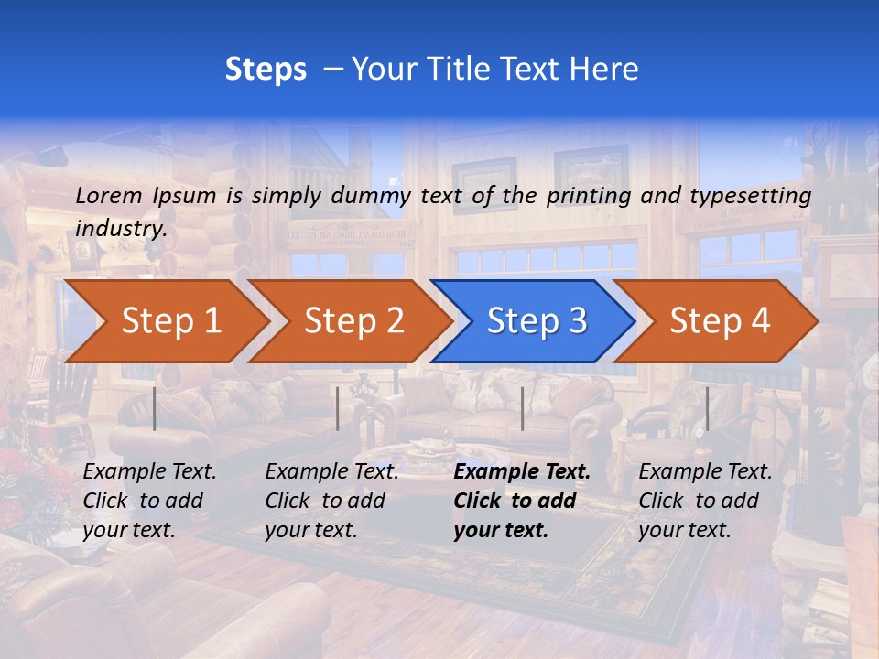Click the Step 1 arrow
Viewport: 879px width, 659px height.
[169, 321]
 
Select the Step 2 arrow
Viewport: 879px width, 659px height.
[353, 321]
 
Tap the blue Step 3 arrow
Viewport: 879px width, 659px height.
[536, 321]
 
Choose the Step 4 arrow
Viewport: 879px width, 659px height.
[719, 321]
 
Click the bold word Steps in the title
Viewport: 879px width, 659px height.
[266, 70]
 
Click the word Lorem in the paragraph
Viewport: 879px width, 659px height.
[108, 195]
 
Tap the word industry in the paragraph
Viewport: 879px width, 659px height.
[120, 228]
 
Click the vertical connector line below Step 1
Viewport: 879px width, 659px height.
[155, 408]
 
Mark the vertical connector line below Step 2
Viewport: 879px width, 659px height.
[338, 408]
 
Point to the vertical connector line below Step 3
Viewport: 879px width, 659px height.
[522, 408]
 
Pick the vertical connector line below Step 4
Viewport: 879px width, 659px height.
[706, 408]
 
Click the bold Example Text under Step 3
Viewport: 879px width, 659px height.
[522, 472]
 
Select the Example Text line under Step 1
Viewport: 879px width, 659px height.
[149, 472]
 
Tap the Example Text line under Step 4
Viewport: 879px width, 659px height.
[705, 472]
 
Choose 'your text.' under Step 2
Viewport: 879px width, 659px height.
[311, 530]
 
